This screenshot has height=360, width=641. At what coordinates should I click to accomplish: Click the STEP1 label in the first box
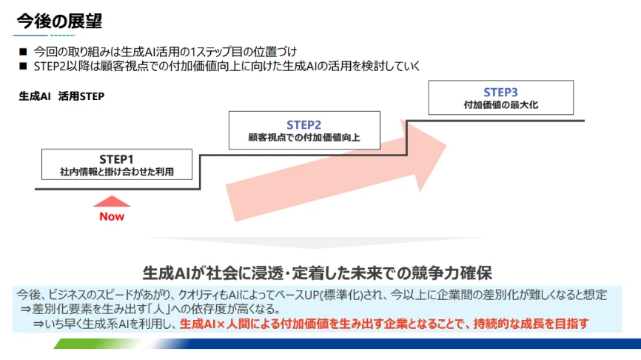click(116, 159)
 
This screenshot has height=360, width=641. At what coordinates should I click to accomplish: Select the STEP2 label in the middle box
click(303, 124)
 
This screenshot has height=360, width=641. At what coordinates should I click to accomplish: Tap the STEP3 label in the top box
click(500, 93)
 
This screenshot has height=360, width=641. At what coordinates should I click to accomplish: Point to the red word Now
click(112, 216)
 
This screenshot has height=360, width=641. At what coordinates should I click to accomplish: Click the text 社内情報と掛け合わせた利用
click(116, 172)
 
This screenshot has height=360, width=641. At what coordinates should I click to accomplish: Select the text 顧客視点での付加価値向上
click(303, 138)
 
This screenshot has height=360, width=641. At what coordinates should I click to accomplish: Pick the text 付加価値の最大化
click(500, 105)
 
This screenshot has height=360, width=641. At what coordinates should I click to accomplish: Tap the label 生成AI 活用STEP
click(61, 96)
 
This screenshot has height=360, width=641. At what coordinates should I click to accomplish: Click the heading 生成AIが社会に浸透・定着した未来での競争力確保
click(318, 271)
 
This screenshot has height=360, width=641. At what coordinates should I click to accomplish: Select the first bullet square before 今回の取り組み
click(23, 52)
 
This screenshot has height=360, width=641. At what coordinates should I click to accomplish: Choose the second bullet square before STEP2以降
click(23, 66)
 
